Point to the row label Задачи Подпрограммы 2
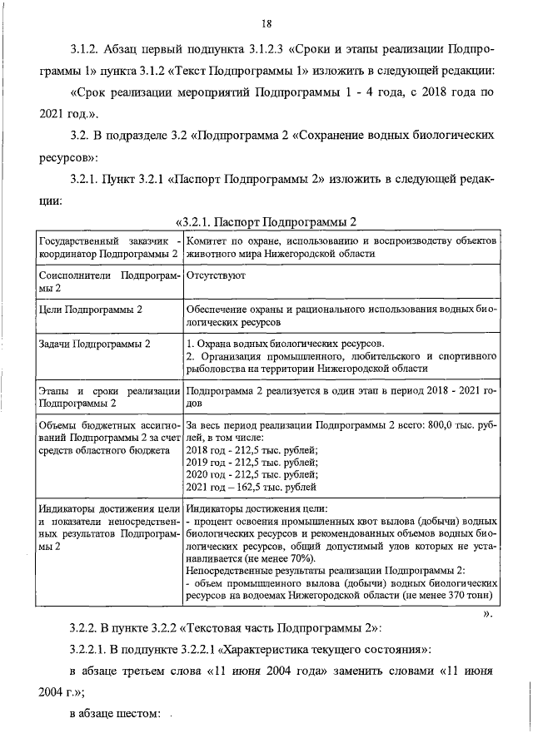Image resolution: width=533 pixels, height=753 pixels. [95, 344]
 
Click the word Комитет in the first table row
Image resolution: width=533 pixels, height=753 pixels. [208, 240]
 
